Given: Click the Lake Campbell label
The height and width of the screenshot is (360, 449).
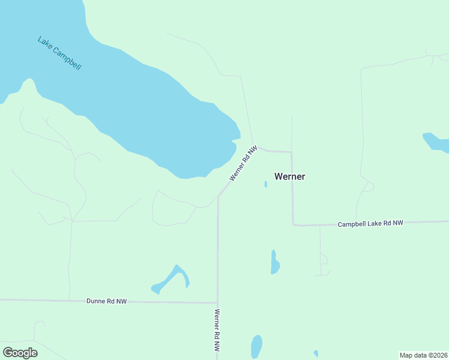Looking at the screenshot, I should (x=59, y=53).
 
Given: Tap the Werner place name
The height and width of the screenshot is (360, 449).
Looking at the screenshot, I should (x=289, y=176).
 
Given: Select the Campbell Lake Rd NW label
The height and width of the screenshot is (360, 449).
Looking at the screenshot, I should (x=370, y=223).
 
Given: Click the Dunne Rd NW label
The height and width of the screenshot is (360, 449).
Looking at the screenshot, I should (x=107, y=301).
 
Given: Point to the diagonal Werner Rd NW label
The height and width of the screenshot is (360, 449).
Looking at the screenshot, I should (x=243, y=163).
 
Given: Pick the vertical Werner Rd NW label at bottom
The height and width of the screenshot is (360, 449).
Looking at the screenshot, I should (x=217, y=330).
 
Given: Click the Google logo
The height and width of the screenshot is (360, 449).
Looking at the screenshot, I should (x=20, y=353).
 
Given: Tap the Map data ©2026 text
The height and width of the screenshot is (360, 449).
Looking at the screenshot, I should (x=424, y=355).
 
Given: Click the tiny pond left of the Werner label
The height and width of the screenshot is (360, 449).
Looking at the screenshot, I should (x=265, y=184).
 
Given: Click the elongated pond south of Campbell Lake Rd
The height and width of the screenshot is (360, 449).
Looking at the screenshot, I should (x=274, y=263).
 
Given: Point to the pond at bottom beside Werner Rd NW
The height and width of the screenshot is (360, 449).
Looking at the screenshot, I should (x=256, y=347).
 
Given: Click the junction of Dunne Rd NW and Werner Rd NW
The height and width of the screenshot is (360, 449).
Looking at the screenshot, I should (x=217, y=302).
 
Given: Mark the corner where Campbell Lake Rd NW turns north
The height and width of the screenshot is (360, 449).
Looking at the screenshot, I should (x=293, y=225).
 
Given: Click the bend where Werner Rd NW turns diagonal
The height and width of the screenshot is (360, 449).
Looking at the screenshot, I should (x=218, y=196).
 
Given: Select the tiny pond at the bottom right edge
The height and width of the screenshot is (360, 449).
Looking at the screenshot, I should (x=316, y=353).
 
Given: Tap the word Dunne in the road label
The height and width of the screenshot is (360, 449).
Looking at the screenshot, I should (x=96, y=301).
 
